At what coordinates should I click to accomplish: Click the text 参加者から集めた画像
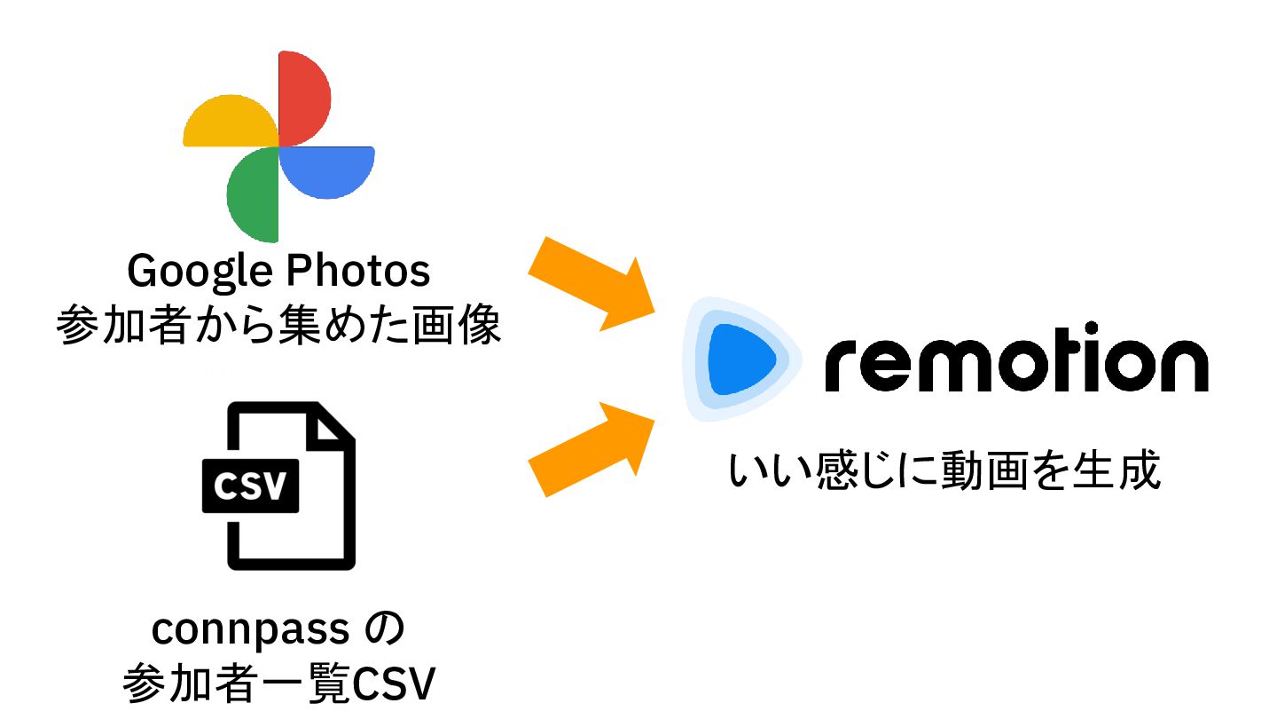coord(278,327)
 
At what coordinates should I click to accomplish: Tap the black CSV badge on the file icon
coord(251,486)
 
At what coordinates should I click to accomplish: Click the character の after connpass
coord(385,629)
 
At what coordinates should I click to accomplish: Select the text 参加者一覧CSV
coord(278,683)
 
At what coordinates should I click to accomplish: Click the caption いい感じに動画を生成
coord(944,470)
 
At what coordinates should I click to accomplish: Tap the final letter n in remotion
coord(1180,366)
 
